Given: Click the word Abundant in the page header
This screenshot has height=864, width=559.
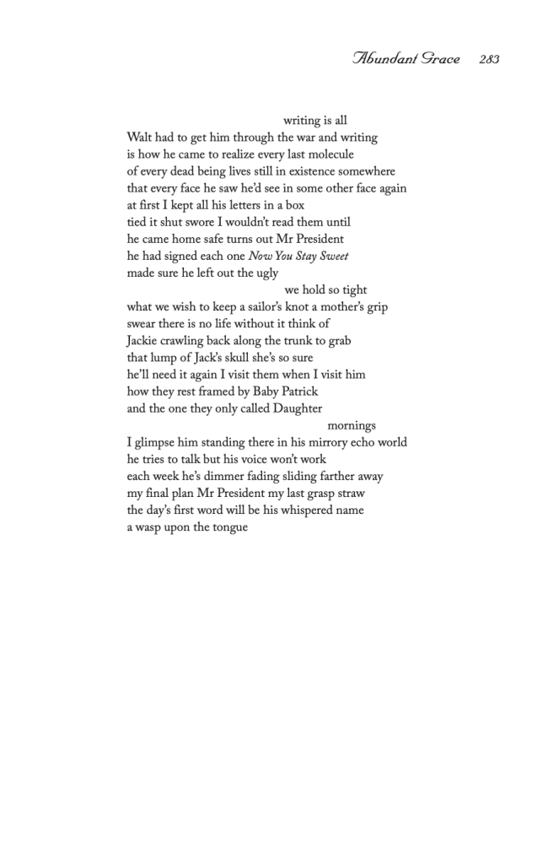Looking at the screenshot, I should [383, 59].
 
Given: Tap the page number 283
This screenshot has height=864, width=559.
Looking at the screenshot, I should [488, 59].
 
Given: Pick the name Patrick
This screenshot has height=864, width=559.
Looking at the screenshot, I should [296, 391].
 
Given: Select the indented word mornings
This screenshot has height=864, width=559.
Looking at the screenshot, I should [352, 425].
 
